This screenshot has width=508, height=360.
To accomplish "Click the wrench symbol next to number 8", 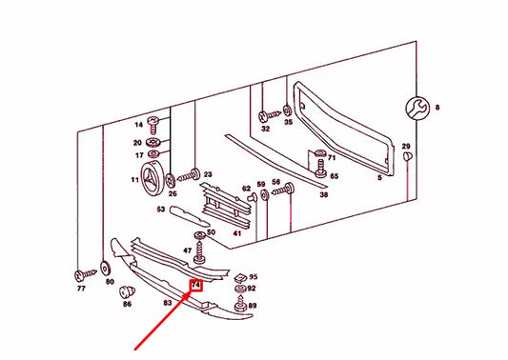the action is (417, 109).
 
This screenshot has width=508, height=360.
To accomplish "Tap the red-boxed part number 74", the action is (196, 285).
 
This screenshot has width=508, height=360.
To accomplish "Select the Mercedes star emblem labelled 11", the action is (151, 178).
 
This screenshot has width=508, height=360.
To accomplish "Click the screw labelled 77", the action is (85, 275).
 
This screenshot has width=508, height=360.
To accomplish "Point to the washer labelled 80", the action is (105, 269).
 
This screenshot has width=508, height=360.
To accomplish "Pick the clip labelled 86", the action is (127, 292).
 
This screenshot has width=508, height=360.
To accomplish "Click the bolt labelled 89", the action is (240, 305).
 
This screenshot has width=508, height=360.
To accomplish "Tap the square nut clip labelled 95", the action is (240, 278).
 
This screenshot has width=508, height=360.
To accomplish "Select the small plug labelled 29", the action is (407, 156).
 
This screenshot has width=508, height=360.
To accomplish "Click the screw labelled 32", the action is (269, 116).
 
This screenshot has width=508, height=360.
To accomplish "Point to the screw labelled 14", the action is (153, 125).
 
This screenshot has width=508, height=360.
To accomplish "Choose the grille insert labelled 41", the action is (226, 206).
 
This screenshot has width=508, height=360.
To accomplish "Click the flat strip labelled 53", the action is (190, 216).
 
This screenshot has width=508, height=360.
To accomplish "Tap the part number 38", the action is (324, 194).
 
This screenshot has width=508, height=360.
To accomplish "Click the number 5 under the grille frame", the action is (379, 178).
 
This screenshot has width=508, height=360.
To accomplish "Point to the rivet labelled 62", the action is (252, 197).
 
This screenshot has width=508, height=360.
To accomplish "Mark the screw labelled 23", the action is (189, 175).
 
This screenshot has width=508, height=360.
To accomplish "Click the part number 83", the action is (167, 303).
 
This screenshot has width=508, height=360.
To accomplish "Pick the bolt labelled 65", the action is (320, 169).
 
